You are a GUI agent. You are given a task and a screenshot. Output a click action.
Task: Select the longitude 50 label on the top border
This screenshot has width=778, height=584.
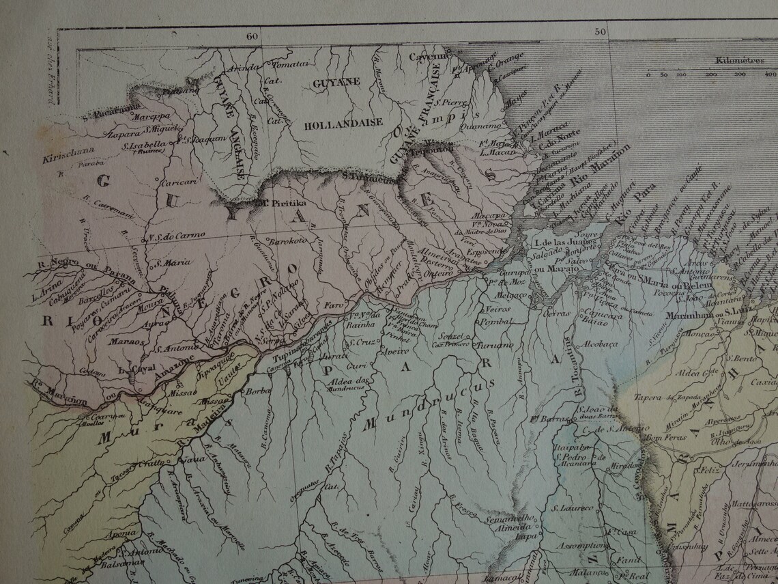pos(600,31)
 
